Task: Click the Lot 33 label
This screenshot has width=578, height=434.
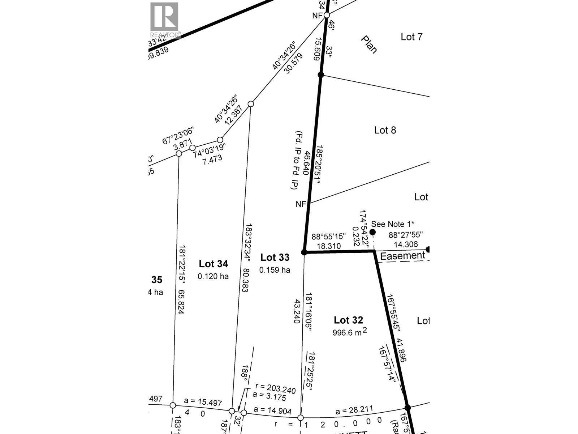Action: [x=275, y=258]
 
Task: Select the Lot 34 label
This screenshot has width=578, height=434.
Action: [x=213, y=264]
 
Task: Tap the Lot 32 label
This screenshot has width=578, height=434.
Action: [x=348, y=320]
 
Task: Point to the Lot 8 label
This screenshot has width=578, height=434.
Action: [x=385, y=130]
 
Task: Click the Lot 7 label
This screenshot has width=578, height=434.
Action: [x=411, y=37]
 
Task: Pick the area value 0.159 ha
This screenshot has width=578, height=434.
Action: [x=275, y=270]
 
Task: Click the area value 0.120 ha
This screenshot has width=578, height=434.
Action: [x=213, y=276]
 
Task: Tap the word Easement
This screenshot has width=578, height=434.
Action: [x=402, y=256]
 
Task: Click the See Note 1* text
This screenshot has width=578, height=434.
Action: [x=393, y=224]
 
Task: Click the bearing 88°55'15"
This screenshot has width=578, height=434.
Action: [x=329, y=236]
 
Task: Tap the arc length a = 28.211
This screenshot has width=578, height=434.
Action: [x=354, y=410]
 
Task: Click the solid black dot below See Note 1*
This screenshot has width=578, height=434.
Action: [x=372, y=232]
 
